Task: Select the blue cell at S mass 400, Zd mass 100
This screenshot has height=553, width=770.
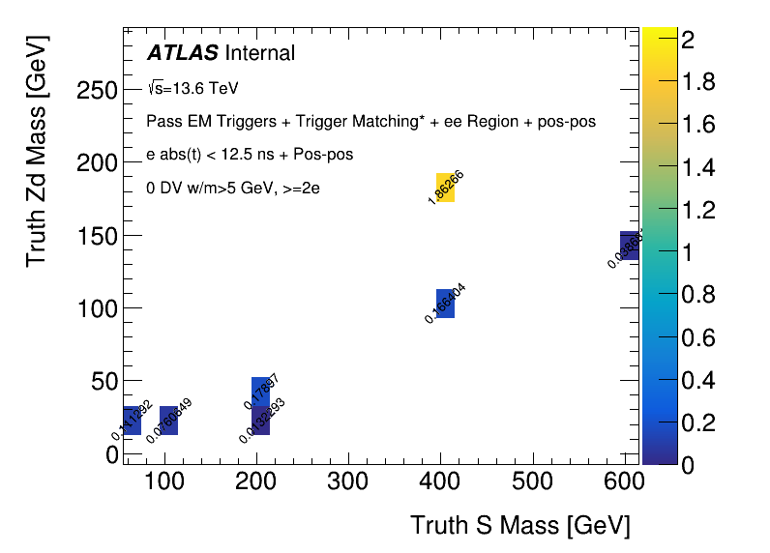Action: click(x=445, y=304)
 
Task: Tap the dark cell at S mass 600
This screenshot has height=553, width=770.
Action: click(x=629, y=246)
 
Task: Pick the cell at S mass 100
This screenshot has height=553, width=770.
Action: click(x=168, y=421)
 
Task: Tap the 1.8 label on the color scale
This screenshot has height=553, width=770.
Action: click(x=698, y=81)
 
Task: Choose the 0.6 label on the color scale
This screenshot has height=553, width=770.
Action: click(x=698, y=337)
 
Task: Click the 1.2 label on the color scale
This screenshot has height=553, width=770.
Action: click(x=698, y=210)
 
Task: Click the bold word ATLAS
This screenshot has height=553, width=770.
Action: click(x=182, y=53)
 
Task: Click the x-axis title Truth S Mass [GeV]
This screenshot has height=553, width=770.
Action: click(x=519, y=525)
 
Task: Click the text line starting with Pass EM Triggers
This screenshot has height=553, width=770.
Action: click(x=370, y=122)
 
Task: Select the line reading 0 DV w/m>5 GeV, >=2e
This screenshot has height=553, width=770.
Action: click(x=233, y=189)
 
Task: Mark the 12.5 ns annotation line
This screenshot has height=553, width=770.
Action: click(x=250, y=155)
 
